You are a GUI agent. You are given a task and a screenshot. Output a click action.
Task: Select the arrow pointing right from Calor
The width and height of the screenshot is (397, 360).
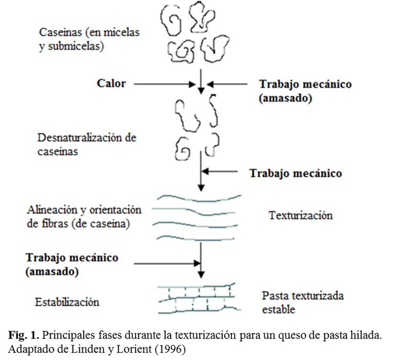165,84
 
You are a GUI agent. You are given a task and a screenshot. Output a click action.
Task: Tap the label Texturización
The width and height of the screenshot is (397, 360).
300,215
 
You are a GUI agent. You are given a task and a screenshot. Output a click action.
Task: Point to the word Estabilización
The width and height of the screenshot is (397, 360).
67,302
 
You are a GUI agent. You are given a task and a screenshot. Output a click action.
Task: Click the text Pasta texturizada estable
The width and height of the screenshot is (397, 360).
302,302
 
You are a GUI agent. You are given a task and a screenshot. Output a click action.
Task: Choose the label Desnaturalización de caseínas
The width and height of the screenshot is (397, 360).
87,145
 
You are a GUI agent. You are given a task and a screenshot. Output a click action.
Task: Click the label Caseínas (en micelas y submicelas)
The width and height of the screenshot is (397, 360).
80,41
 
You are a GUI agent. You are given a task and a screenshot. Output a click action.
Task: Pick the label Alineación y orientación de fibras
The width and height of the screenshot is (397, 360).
85,216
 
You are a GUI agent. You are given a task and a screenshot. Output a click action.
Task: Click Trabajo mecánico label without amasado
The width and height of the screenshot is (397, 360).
296,173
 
